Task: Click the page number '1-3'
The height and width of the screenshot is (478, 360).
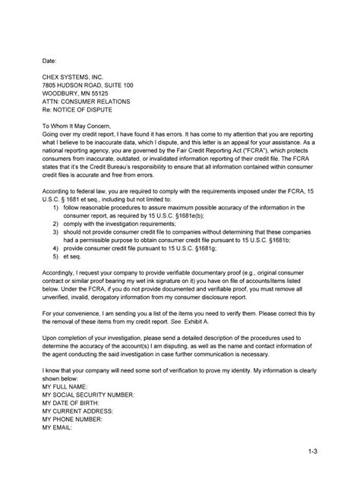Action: click(x=313, y=453)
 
